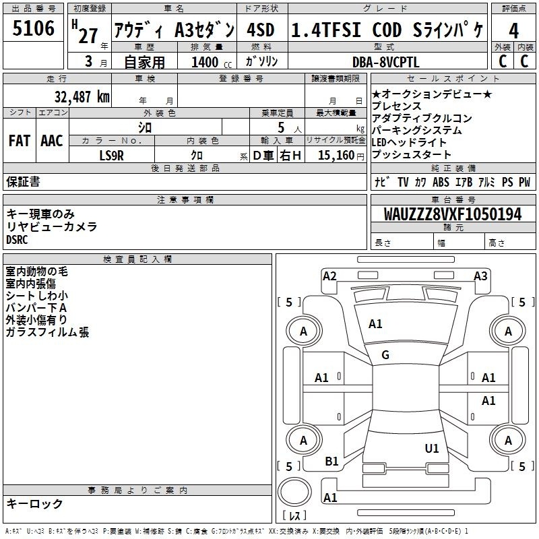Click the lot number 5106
[x=34, y=28]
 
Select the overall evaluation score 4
[x=514, y=30]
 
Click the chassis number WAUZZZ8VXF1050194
[x=453, y=214]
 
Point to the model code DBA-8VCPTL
[x=385, y=61]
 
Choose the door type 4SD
[x=261, y=30]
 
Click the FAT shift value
[x=20, y=141]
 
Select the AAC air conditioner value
[x=52, y=141]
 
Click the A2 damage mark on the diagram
[x=329, y=276]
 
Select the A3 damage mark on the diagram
[x=480, y=276]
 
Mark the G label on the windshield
[x=385, y=355]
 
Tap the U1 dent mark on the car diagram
[x=432, y=448]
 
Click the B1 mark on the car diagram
[x=331, y=462]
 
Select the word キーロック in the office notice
[x=35, y=503]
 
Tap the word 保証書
[x=23, y=181]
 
